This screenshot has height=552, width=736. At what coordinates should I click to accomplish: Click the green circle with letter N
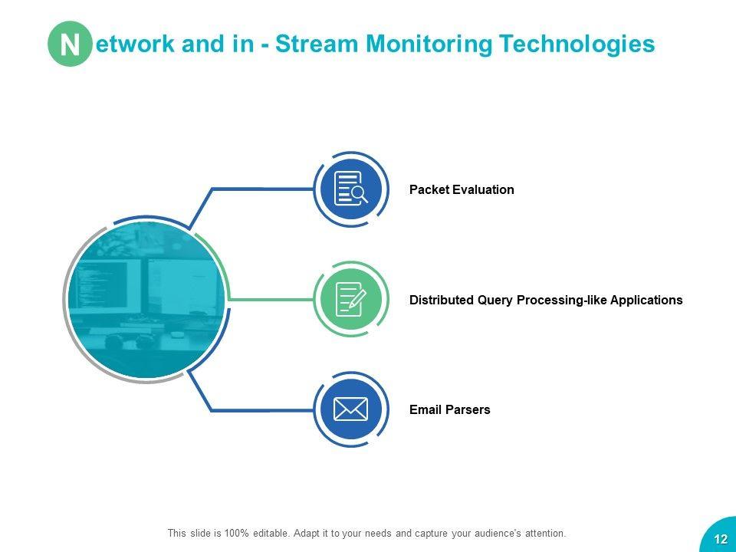tap(70, 44)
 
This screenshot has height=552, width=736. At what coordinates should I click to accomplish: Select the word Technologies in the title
tap(577, 44)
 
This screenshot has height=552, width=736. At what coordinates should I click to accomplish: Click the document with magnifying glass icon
tap(351, 189)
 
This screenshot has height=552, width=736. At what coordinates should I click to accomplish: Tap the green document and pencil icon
tap(351, 299)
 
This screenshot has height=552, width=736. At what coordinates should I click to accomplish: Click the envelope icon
tap(351, 409)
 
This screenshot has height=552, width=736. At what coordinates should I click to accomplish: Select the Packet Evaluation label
tap(462, 189)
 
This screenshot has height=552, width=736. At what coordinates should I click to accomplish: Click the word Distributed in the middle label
tap(442, 300)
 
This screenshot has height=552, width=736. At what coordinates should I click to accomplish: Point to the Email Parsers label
tap(450, 409)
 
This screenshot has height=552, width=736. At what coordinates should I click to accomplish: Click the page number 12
tap(721, 538)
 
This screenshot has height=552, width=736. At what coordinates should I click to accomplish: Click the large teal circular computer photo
tap(146, 300)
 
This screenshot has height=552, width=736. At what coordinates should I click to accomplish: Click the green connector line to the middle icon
tap(271, 300)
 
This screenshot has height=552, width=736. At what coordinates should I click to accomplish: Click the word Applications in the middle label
tap(646, 300)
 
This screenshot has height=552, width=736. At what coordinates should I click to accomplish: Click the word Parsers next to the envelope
tap(468, 409)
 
